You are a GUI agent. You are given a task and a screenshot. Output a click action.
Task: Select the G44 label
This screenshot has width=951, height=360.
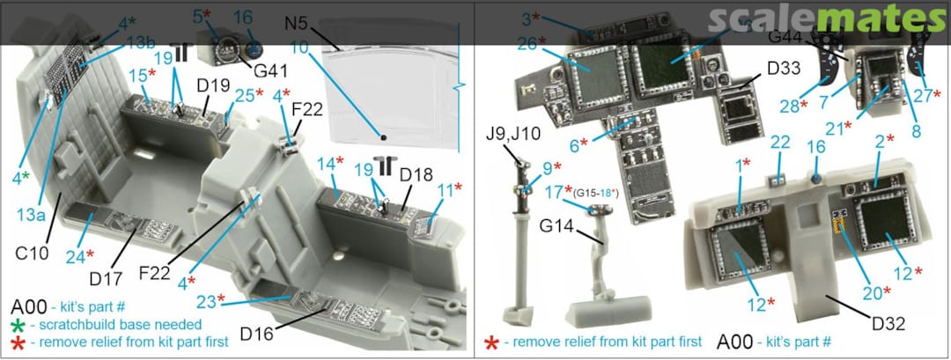786,37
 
